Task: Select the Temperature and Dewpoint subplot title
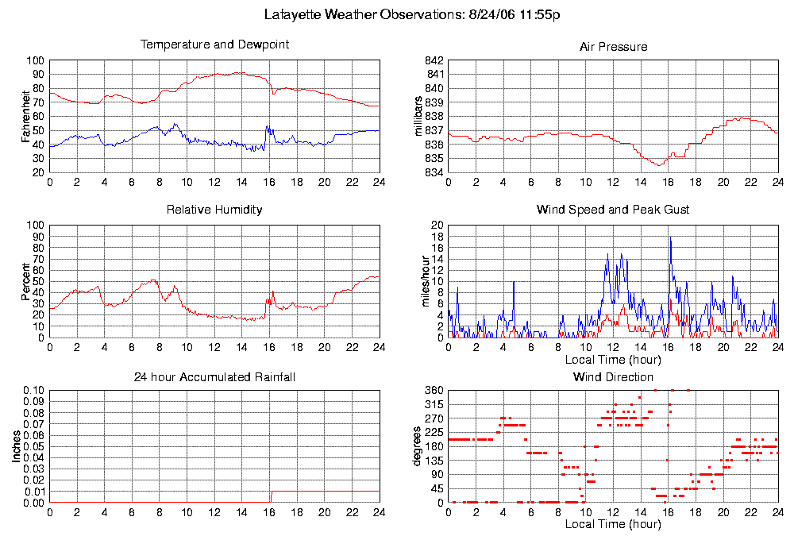click(x=214, y=44)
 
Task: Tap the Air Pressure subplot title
click(x=613, y=47)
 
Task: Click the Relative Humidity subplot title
click(x=214, y=210)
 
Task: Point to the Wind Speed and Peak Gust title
click(x=613, y=210)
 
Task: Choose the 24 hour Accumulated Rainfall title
click(x=214, y=377)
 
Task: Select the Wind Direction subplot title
click(x=613, y=377)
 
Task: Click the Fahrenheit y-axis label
click(x=26, y=116)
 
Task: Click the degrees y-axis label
click(x=418, y=446)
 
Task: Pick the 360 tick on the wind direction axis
click(x=434, y=390)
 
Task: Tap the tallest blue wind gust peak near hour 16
click(x=670, y=237)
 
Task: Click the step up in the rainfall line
click(x=271, y=496)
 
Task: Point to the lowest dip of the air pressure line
click(x=659, y=164)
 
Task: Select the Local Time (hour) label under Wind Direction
click(x=613, y=525)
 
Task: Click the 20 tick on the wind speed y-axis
click(x=436, y=226)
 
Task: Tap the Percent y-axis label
click(x=26, y=281)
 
